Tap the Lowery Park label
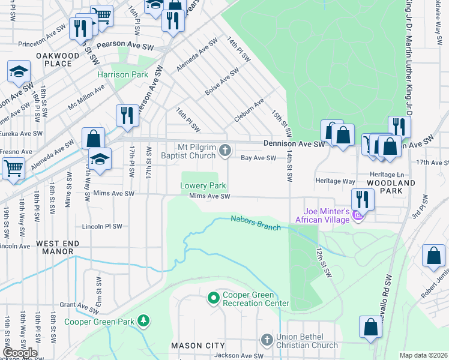pyautogui.click(x=203, y=185)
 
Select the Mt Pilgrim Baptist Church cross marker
pyautogui.click(x=225, y=151)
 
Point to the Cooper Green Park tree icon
pyautogui.click(x=143, y=321)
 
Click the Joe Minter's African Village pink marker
pyautogui.click(x=358, y=215)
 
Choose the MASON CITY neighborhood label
pyautogui.click(x=198, y=346)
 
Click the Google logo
pyautogui.click(x=20, y=353)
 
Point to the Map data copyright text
pyautogui.click(x=423, y=355)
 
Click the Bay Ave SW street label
pyautogui.click(x=258, y=158)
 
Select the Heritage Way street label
pyautogui.click(x=335, y=180)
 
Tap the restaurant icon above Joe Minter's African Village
pyautogui.click(x=363, y=199)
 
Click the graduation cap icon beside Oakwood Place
pyautogui.click(x=19, y=72)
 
